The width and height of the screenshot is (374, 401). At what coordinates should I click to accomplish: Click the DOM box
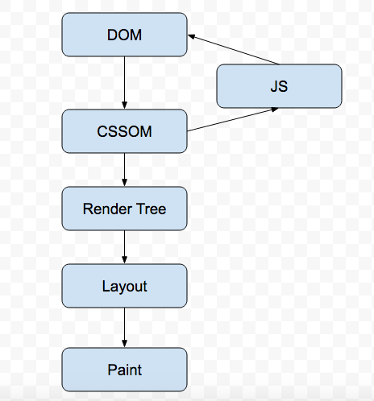(x=124, y=35)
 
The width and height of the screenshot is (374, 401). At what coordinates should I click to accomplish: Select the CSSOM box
(x=124, y=131)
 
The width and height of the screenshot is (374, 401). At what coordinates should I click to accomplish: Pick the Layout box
(x=124, y=286)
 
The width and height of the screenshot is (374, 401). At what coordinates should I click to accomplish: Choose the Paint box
(x=124, y=370)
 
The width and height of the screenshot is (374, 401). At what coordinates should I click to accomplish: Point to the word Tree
(x=150, y=209)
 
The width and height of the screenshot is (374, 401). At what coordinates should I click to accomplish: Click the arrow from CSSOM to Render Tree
(x=124, y=169)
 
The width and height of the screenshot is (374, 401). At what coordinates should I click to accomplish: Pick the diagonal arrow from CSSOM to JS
(x=234, y=121)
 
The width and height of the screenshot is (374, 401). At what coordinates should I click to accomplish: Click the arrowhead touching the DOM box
(x=193, y=36)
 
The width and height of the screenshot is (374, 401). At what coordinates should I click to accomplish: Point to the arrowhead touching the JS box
(x=274, y=110)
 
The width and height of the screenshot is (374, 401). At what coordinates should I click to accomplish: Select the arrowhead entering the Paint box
(x=124, y=344)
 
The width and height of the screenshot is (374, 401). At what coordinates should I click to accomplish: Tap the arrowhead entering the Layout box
(x=124, y=260)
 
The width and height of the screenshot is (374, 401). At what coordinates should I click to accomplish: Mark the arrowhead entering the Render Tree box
(x=124, y=183)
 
